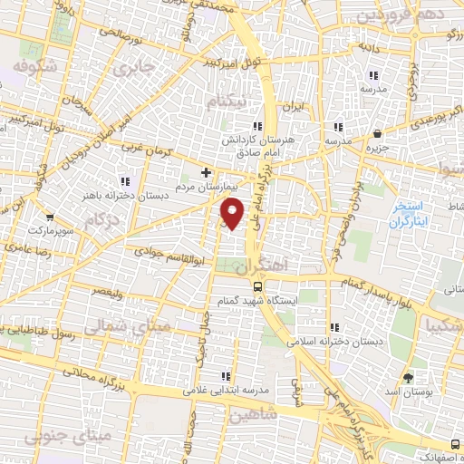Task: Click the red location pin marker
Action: click(x=234, y=212)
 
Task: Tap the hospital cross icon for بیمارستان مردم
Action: click(x=206, y=171)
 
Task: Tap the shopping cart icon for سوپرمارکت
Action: click(x=48, y=217)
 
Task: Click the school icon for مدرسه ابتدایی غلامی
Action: click(x=223, y=376)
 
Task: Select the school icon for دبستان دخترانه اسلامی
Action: click(x=334, y=327)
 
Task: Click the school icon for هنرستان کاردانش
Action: click(x=257, y=127)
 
